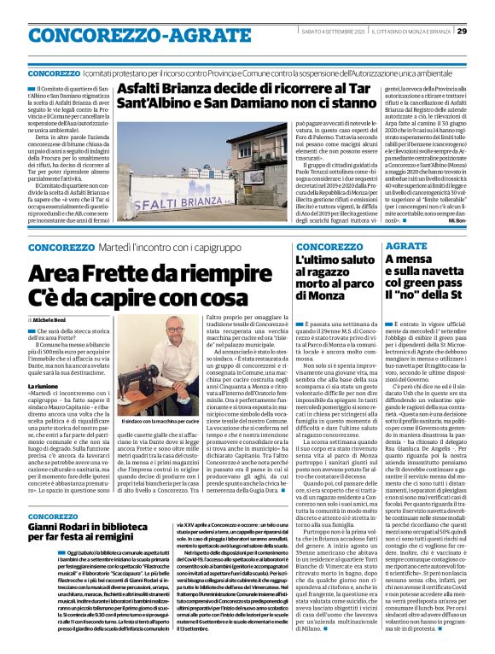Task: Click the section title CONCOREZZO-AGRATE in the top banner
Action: pyautogui.click(x=114, y=33)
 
